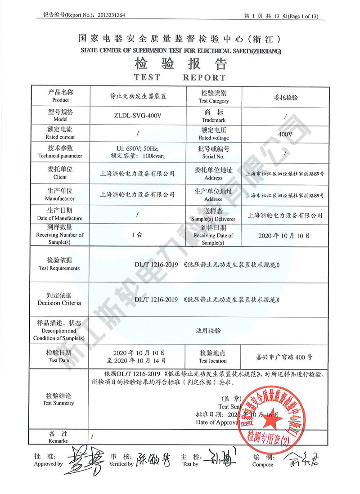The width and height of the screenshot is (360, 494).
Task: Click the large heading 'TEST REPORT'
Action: (x=180, y=77)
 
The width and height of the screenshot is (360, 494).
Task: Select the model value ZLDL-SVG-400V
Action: (x=138, y=116)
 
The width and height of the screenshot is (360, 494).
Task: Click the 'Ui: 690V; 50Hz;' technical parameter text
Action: (x=138, y=148)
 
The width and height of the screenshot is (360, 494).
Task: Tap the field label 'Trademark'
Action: (x=214, y=120)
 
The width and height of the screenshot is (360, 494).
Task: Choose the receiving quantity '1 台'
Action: (x=138, y=235)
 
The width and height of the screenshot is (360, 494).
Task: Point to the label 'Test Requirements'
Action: (x=59, y=268)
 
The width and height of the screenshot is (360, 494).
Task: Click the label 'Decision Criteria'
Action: (x=59, y=303)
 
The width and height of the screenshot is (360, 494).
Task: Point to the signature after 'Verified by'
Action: (x=153, y=459)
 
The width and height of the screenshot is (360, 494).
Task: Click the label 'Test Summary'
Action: (x=58, y=403)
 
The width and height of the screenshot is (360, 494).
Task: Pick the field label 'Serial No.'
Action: (x=214, y=157)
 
